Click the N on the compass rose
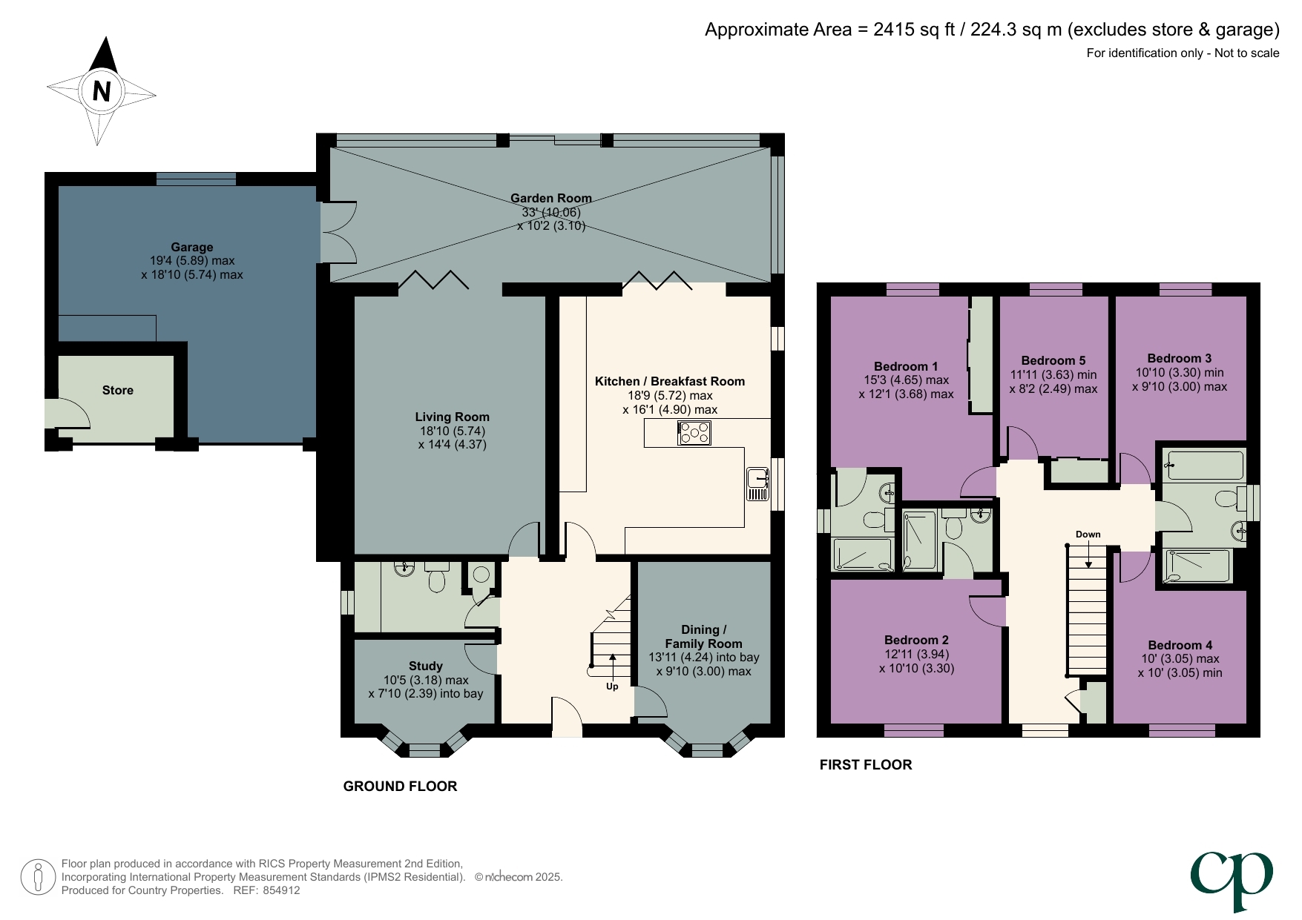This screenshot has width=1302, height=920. point(102,90)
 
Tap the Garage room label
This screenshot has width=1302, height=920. point(191,247)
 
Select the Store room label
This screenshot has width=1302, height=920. point(118,390)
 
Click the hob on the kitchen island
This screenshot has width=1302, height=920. point(694,432)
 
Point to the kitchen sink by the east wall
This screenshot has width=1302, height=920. point(757,483)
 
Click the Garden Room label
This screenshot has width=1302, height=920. point(550,198)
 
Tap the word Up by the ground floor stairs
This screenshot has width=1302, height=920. point(612,686)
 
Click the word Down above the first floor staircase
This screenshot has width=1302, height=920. point(1088,534)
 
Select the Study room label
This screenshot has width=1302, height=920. point(425,666)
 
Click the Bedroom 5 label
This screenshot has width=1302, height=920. point(1053,360)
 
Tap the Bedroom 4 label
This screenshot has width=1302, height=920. point(1180,645)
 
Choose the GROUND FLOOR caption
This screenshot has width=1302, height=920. point(400,786)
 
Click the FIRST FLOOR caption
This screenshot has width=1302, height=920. point(865,764)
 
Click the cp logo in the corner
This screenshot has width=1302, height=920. point(1232,878)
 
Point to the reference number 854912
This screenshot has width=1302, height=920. point(281,890)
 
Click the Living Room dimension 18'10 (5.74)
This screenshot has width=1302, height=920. point(452,431)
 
